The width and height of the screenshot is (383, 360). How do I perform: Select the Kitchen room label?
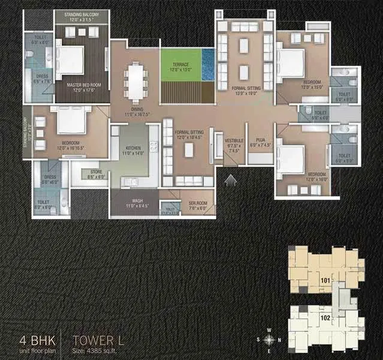pyautogui.click(x=132, y=151)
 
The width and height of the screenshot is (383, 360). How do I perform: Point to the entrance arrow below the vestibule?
pyautogui.click(x=231, y=178)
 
